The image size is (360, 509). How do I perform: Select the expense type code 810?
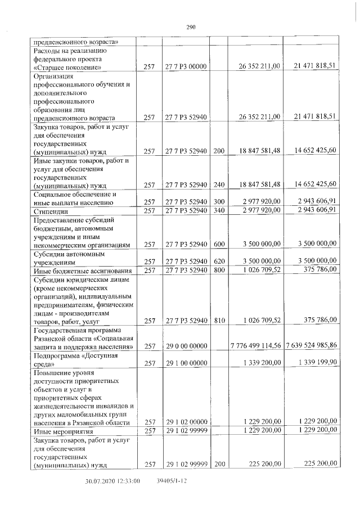tap(219, 321)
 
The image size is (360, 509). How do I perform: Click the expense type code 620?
tap(219, 262)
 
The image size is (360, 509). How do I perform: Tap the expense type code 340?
tap(219, 210)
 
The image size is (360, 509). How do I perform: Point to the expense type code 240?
tap(219, 184)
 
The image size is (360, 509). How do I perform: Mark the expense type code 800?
tap(219, 271)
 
